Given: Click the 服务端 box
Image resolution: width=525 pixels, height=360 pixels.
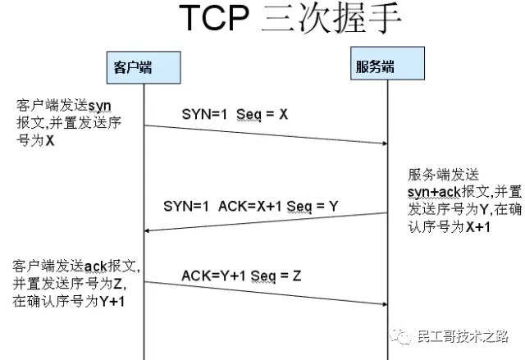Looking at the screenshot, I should [375, 66].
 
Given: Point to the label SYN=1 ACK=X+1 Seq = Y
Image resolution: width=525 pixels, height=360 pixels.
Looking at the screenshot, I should [250, 207].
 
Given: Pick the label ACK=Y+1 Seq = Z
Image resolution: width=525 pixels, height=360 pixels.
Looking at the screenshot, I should [240, 276].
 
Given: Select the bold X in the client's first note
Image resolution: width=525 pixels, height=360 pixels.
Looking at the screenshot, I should [50, 140].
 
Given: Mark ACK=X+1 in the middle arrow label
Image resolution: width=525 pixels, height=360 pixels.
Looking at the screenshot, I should [248, 207].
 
